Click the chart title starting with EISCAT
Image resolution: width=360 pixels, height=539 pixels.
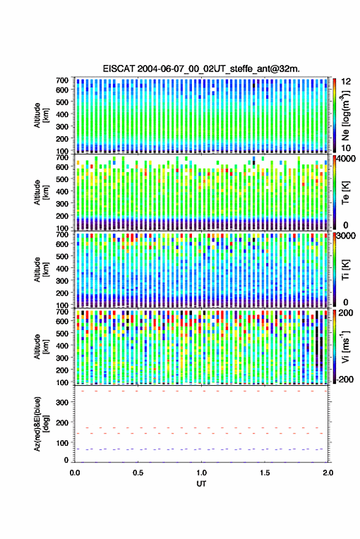[x=201, y=69]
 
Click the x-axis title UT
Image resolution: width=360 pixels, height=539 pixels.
[x=201, y=484]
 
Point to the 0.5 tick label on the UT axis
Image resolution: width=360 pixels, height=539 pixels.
[x=138, y=473]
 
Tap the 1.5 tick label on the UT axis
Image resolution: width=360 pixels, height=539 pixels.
[x=265, y=473]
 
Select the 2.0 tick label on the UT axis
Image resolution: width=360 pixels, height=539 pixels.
[x=327, y=473]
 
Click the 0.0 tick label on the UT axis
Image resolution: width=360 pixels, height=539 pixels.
[x=75, y=473]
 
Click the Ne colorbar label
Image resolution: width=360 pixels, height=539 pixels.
[x=345, y=116]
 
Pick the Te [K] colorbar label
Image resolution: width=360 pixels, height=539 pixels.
[x=345, y=193]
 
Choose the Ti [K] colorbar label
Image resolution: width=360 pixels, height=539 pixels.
[x=345, y=270]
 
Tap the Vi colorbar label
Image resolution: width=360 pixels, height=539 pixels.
[x=345, y=346]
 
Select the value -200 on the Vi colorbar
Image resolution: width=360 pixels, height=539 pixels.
[x=345, y=380]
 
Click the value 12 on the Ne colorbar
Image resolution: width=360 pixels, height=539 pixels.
[x=347, y=82]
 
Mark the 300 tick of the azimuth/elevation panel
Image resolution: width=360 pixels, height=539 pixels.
[x=62, y=402]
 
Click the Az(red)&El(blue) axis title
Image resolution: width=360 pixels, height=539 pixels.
[x=41, y=424]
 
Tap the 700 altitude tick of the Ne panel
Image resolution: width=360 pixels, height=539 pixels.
[x=62, y=80]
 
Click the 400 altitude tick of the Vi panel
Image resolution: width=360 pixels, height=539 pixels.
[x=62, y=345]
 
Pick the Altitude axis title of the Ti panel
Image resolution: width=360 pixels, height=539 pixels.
[x=41, y=270]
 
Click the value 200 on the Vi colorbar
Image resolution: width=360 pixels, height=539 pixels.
[x=345, y=313]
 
